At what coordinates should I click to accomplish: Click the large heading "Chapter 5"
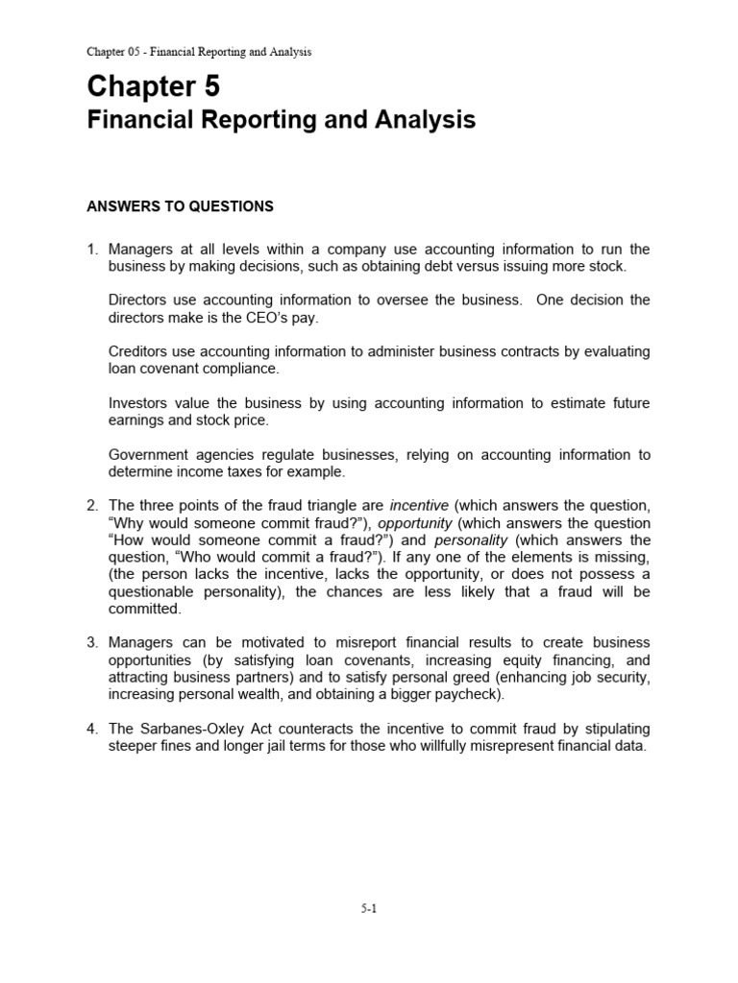click(153, 86)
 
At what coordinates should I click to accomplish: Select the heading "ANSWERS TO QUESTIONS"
click(181, 206)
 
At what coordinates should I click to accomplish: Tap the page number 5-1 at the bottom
click(369, 911)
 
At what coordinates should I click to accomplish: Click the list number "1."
click(93, 250)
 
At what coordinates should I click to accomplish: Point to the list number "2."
click(93, 506)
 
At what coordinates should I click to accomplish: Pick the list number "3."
click(93, 642)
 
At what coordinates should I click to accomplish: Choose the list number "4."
click(93, 729)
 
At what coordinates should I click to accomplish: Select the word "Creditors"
click(140, 351)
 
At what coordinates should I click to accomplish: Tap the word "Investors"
click(140, 402)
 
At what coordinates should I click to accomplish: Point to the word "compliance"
click(250, 369)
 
